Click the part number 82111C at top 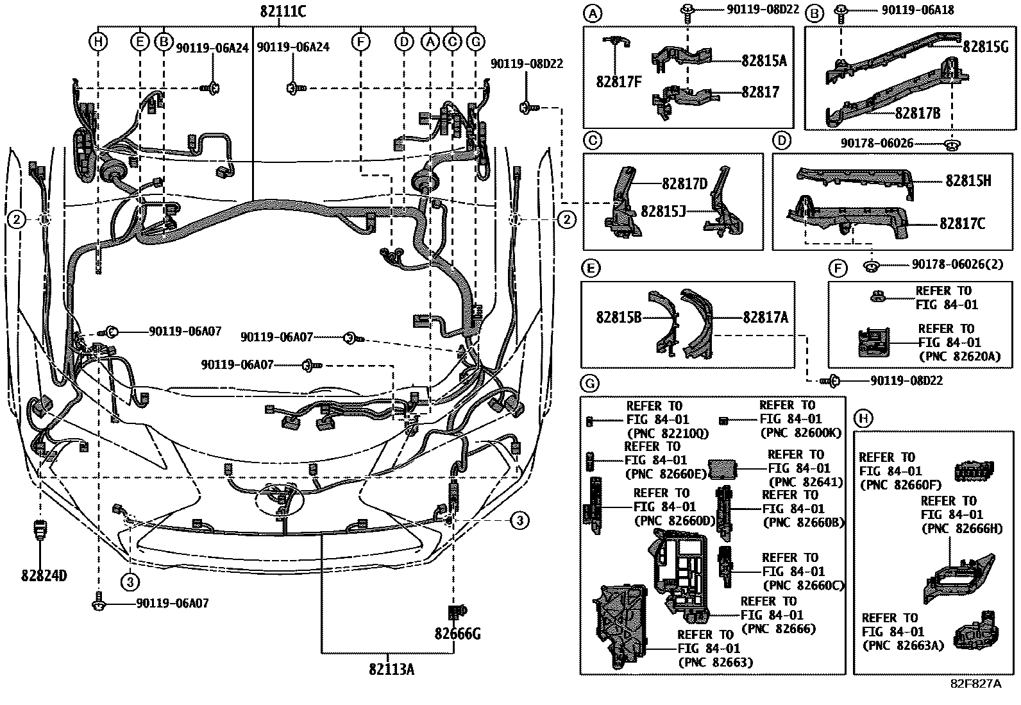283,11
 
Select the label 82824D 44,575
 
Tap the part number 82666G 457,634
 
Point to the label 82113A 391,669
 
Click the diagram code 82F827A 975,684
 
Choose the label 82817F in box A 619,82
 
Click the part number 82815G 986,46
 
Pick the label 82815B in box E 619,317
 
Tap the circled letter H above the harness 98,42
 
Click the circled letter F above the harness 361,42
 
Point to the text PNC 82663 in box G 715,662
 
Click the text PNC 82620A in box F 959,357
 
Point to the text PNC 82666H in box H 952,529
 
